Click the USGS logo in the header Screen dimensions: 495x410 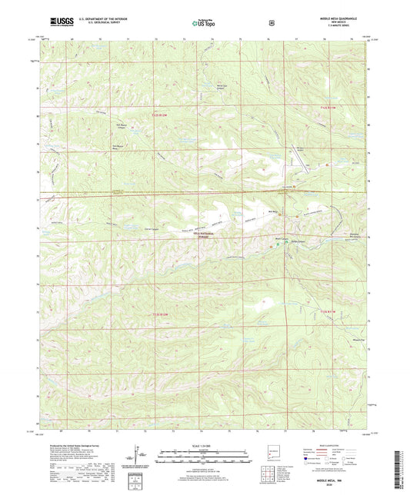(58, 22)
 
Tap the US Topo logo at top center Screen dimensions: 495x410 (204, 23)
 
